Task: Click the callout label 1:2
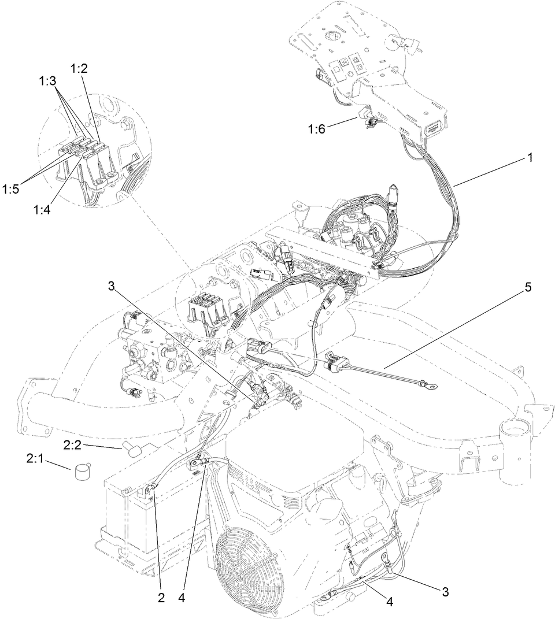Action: [x=79, y=68]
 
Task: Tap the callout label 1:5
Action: [x=10, y=189]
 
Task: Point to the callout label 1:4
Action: [x=42, y=210]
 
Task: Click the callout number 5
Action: [x=527, y=287]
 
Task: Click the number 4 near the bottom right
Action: [x=390, y=602]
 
